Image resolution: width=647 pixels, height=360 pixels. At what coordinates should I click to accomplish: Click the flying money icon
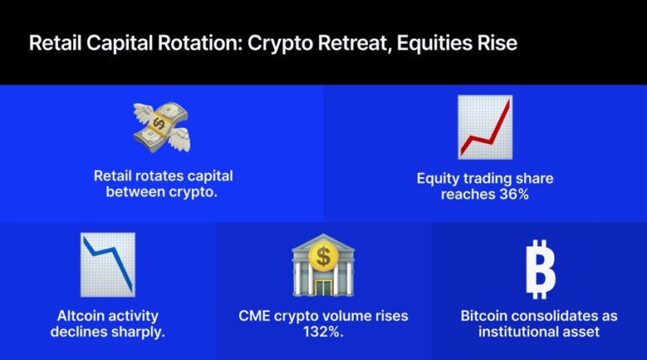click(x=162, y=126)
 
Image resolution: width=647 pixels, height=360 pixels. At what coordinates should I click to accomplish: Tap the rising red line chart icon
click(x=484, y=127)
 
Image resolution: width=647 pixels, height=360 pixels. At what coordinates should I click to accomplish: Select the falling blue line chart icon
click(x=108, y=264)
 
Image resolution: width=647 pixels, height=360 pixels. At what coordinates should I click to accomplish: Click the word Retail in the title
click(x=54, y=43)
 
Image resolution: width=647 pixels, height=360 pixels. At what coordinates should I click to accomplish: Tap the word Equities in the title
click(x=416, y=43)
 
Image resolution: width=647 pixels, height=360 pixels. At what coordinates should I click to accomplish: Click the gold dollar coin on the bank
click(x=323, y=254)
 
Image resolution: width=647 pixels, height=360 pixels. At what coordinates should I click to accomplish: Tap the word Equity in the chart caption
click(x=437, y=179)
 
